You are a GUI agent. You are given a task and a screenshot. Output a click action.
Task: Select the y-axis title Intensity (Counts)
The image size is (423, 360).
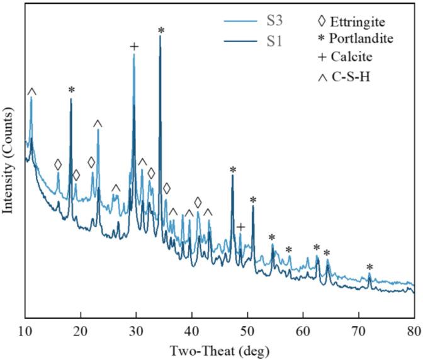pos(9,162)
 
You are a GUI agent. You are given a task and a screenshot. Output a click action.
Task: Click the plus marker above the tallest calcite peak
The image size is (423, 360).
pos(133,47)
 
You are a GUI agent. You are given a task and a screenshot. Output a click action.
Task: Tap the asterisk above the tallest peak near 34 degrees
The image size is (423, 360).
pos(161,30)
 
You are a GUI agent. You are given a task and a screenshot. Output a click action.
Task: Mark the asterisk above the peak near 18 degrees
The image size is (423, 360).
pos(71,90)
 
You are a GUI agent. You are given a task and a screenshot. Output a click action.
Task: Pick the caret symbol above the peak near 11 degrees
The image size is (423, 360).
pos(32,92)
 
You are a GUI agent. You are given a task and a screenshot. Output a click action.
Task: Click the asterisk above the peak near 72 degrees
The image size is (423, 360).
pos(370,267)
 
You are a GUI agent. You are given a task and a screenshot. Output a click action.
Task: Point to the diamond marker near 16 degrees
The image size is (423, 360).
pos(58,165)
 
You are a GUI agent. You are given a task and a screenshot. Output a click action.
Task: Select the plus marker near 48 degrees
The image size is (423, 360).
pos(240,227)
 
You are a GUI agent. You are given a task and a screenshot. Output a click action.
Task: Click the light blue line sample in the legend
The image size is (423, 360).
pos(242,23)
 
